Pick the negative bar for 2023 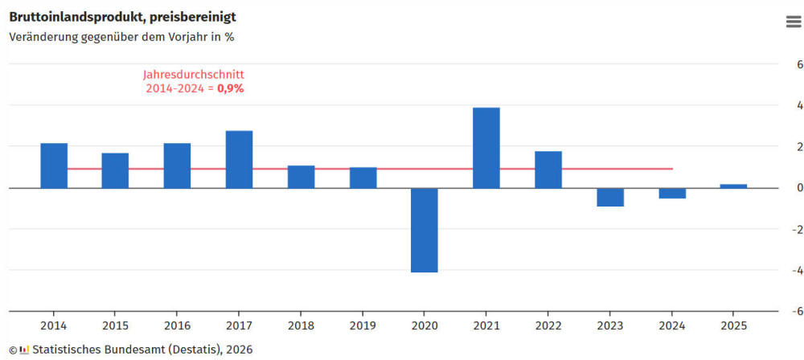(x=610, y=197)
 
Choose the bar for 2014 (x=54, y=166)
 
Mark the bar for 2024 (x=672, y=193)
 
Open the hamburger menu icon (x=794, y=22)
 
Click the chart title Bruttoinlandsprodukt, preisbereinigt (x=122, y=16)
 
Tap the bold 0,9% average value (x=231, y=88)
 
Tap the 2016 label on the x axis (x=177, y=325)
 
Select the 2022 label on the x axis (x=548, y=325)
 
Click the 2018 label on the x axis (x=301, y=325)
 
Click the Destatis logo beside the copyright (x=25, y=350)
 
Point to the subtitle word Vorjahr (x=177, y=36)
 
